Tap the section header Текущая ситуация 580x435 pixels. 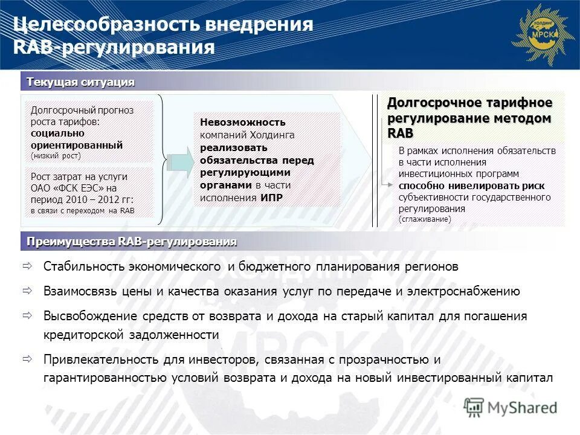80,82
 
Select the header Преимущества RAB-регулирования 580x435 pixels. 131,242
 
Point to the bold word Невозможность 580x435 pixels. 243,123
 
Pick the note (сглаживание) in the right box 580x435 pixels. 424,219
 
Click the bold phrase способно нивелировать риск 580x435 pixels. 471,185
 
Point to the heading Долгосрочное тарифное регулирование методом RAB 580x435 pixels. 469,117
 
